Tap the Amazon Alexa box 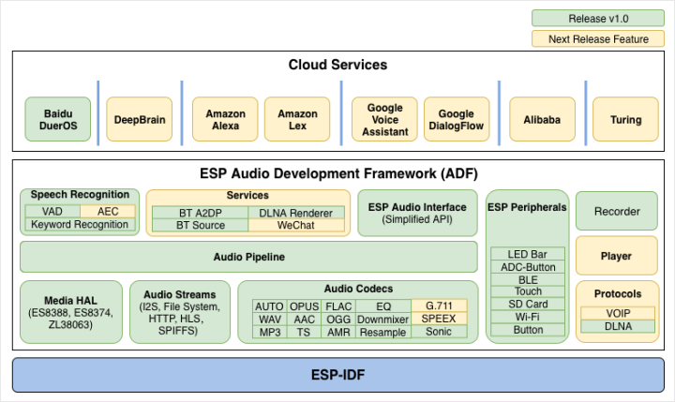tap(225, 120)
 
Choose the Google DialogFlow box tap(457, 120)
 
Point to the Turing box tap(625, 120)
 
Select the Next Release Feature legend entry tap(599, 38)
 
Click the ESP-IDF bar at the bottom tap(337, 374)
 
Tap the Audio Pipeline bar tap(247, 257)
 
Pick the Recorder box tap(617, 211)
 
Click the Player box tap(617, 255)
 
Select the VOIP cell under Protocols tap(617, 313)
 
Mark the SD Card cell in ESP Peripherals tap(528, 305)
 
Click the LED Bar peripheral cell tap(528, 254)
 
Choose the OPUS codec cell tap(303, 306)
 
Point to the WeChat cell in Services tap(295, 226)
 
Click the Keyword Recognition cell tap(80, 225)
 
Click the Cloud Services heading tap(337, 66)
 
